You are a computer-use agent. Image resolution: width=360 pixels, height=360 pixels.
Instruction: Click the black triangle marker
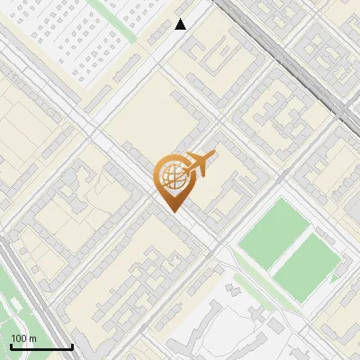tap(181, 24)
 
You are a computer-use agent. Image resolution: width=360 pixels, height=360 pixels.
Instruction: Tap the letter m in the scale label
tap(32, 338)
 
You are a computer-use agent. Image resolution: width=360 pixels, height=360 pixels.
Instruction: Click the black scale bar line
tap(41, 346)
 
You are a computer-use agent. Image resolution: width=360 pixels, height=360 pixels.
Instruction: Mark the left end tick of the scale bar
tap(10, 345)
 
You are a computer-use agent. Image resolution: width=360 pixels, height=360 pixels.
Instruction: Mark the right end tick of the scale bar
tap(72, 345)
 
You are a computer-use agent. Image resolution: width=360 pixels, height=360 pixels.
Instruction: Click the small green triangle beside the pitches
tap(335, 278)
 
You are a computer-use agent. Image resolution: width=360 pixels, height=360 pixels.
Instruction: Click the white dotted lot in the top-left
tap(72, 36)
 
